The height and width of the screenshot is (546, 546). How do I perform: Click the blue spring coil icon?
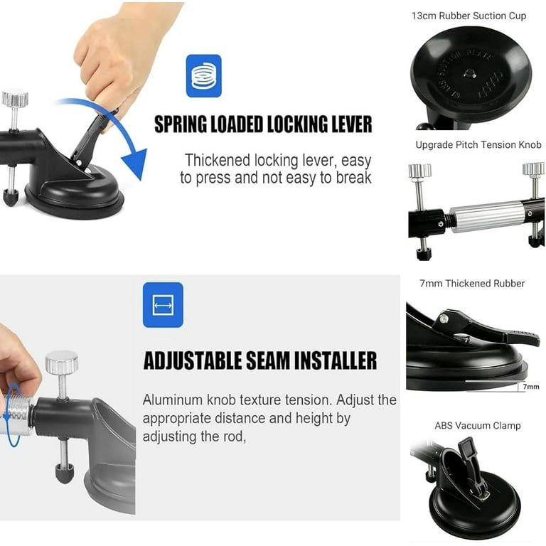click(204, 76)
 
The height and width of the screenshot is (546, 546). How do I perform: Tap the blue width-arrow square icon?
click(163, 305)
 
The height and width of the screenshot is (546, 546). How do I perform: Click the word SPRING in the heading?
click(181, 124)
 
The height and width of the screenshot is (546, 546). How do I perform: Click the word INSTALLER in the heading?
click(336, 360)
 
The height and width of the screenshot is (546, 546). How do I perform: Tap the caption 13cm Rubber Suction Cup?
click(469, 16)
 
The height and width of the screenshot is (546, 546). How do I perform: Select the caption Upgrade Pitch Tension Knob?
click(478, 145)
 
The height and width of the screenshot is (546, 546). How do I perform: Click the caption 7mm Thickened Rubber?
click(472, 284)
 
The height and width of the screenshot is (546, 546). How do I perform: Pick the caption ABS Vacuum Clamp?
click(478, 426)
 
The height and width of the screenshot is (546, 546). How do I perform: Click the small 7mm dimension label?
click(530, 387)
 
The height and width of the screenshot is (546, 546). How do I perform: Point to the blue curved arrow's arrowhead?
click(135, 164)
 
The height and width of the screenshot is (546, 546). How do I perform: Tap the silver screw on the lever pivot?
click(444, 318)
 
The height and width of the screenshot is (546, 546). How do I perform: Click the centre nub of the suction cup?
click(469, 73)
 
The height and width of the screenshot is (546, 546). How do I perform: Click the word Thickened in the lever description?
click(218, 161)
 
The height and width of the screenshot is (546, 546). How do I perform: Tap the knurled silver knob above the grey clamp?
click(62, 362)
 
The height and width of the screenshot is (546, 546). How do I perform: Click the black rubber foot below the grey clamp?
click(65, 473)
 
